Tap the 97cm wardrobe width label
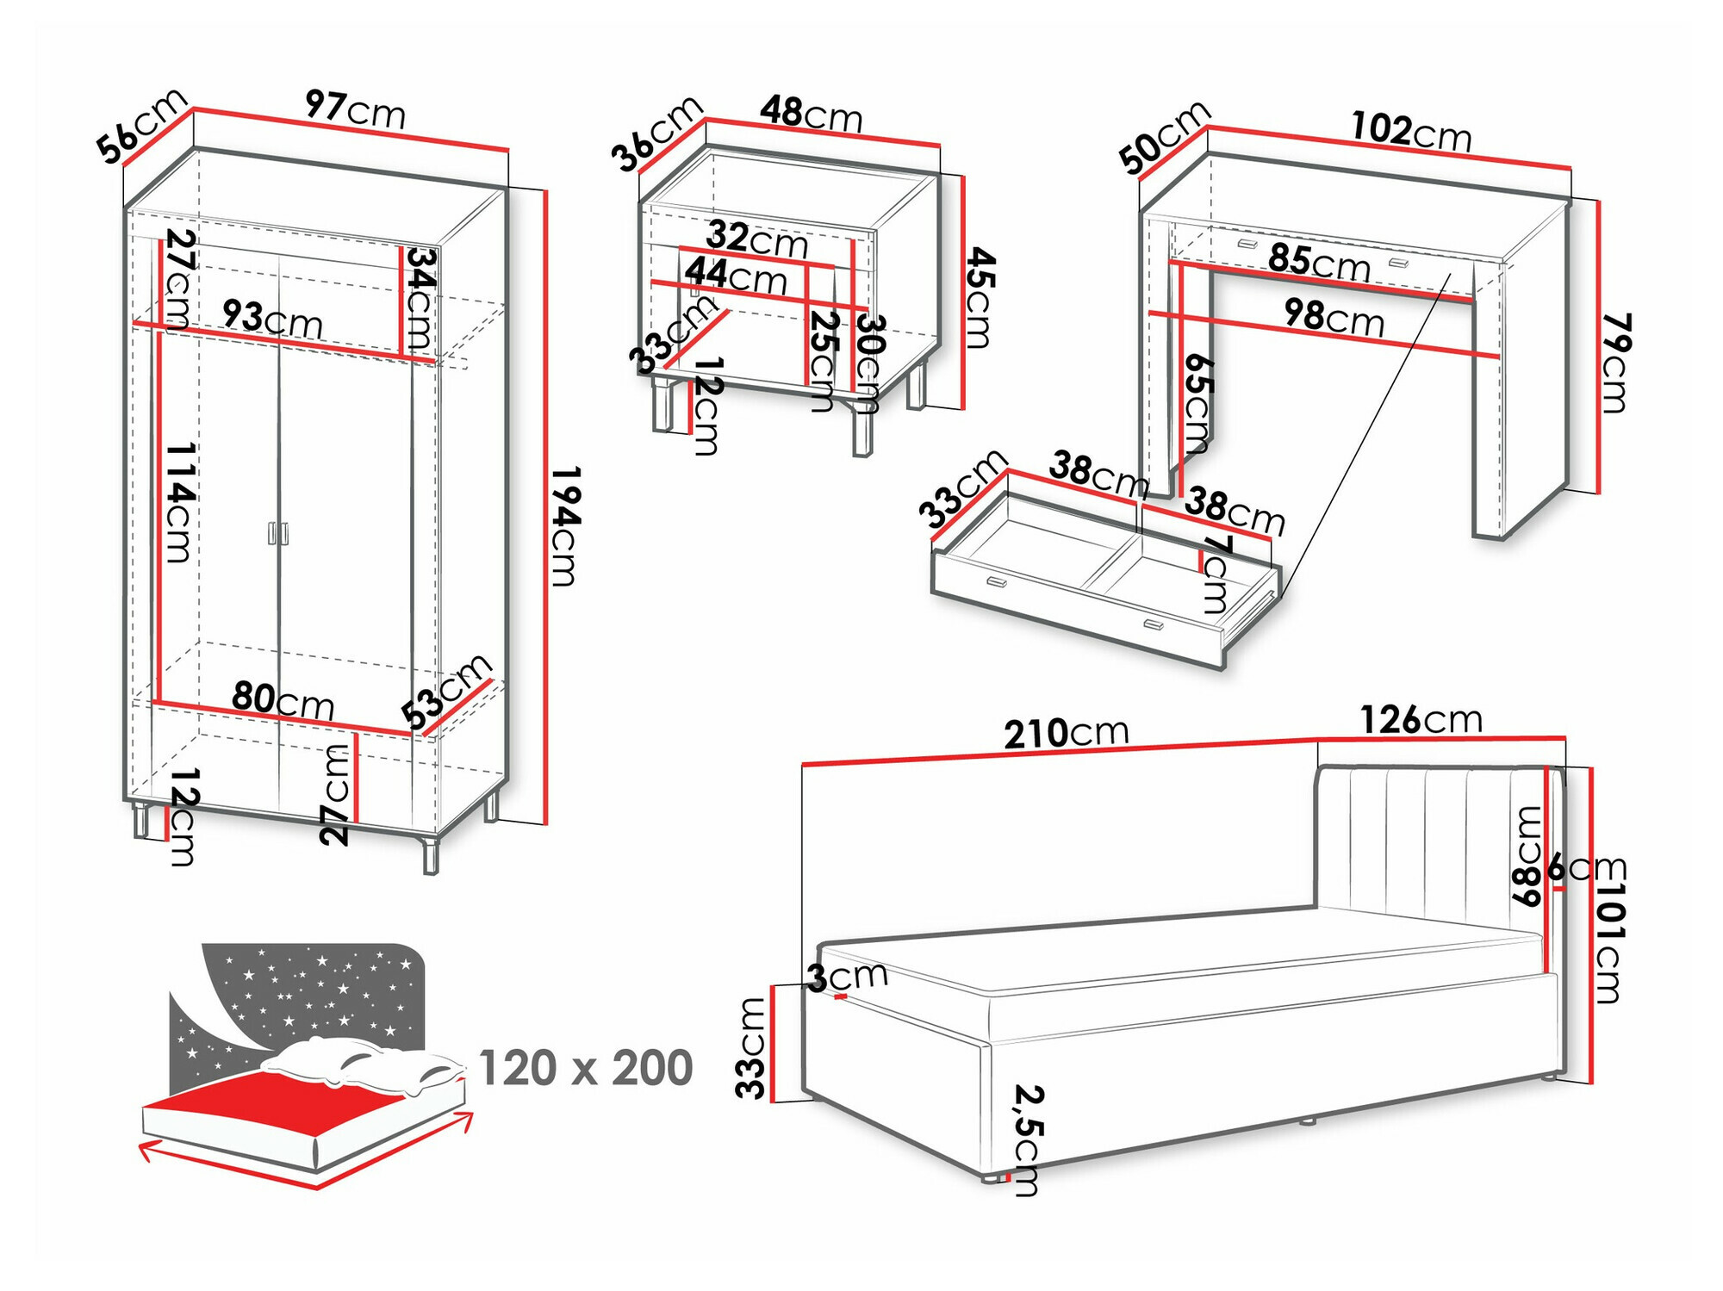pos(355,109)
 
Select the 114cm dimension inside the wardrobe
pos(179,502)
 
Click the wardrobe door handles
pos(277,533)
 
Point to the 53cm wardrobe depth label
pos(446,692)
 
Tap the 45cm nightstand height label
pos(979,297)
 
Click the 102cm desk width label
pos(1410,132)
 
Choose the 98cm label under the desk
pos(1334,318)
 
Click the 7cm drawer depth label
pos(1216,573)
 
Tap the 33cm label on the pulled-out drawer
pos(962,488)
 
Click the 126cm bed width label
pos(1421,720)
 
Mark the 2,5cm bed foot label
pos(1027,1139)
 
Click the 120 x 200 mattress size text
pos(585,1068)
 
